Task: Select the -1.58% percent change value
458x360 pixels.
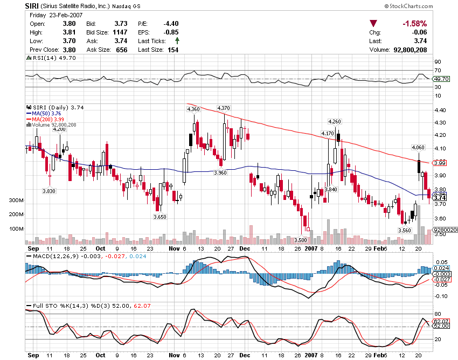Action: tap(414, 24)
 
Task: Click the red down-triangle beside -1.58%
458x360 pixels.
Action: tap(373, 24)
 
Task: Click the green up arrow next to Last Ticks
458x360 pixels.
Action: tap(177, 41)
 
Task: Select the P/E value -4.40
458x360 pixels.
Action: tap(171, 24)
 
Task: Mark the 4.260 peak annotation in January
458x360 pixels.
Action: tap(335, 122)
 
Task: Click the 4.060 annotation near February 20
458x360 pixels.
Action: tap(418, 147)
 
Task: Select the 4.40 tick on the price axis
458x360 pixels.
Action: tap(440, 110)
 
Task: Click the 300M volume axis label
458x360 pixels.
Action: tap(32, 200)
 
